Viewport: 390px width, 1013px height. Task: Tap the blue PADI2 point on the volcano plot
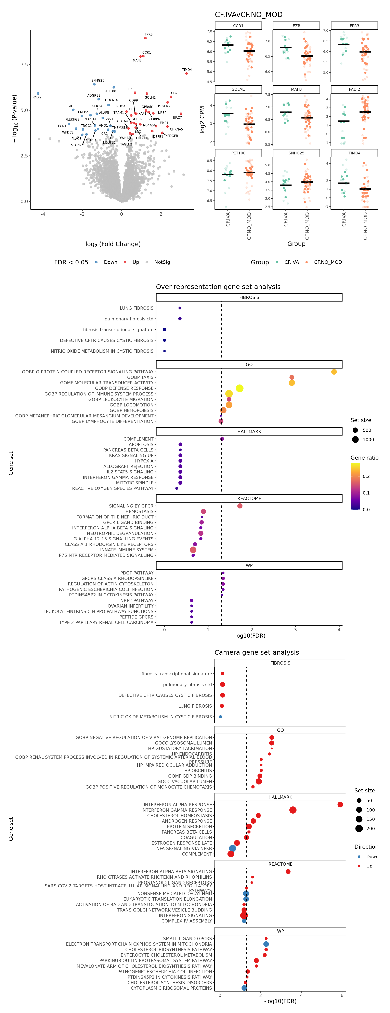(38, 94)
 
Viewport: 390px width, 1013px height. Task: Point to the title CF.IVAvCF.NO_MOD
(248, 15)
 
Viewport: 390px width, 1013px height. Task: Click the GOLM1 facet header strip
(238, 89)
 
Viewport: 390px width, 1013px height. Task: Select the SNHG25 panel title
(296, 153)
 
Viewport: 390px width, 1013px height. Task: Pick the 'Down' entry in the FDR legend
(110, 262)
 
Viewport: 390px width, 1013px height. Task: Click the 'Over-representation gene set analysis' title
(218, 287)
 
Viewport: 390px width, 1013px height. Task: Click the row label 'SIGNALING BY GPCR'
(131, 506)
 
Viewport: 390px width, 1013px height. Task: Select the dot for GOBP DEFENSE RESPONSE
(239, 388)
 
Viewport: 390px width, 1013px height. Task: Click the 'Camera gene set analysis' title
(257, 652)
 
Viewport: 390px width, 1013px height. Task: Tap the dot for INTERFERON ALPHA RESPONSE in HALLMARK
(340, 805)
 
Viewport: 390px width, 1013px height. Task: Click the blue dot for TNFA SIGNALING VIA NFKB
(233, 849)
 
